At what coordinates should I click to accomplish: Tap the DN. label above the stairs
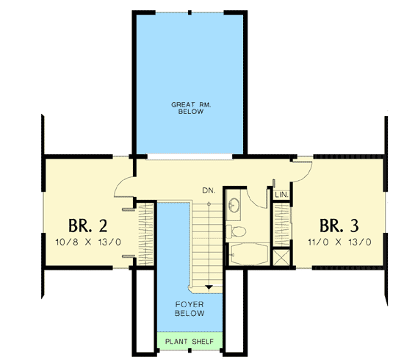click(209, 191)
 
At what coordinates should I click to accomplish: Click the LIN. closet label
click(280, 195)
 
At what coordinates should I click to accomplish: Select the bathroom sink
click(234, 205)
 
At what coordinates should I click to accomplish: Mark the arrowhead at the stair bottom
click(209, 287)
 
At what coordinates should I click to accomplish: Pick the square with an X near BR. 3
click(280, 258)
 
